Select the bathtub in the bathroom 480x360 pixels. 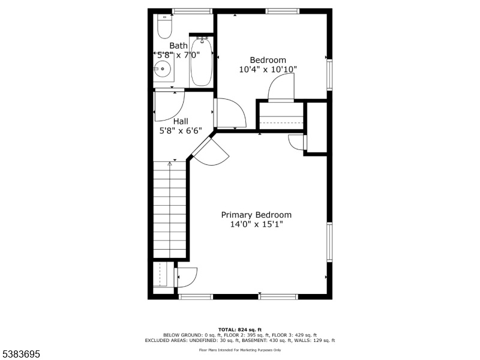201,61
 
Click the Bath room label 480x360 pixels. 178,46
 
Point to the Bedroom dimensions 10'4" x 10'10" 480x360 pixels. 268,70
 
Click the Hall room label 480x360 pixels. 181,121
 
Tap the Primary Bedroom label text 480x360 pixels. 256,215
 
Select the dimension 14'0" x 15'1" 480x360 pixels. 256,224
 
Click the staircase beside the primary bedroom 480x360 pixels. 170,209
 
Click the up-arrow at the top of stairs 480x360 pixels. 170,164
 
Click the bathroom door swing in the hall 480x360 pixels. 169,104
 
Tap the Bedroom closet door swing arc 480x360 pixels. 281,86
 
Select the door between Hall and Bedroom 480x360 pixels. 230,113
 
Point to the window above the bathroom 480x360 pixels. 192,11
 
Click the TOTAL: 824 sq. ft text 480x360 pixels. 240,329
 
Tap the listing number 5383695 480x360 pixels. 20,354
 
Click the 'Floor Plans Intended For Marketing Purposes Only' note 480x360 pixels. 240,350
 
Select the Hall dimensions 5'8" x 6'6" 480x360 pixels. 181,131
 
